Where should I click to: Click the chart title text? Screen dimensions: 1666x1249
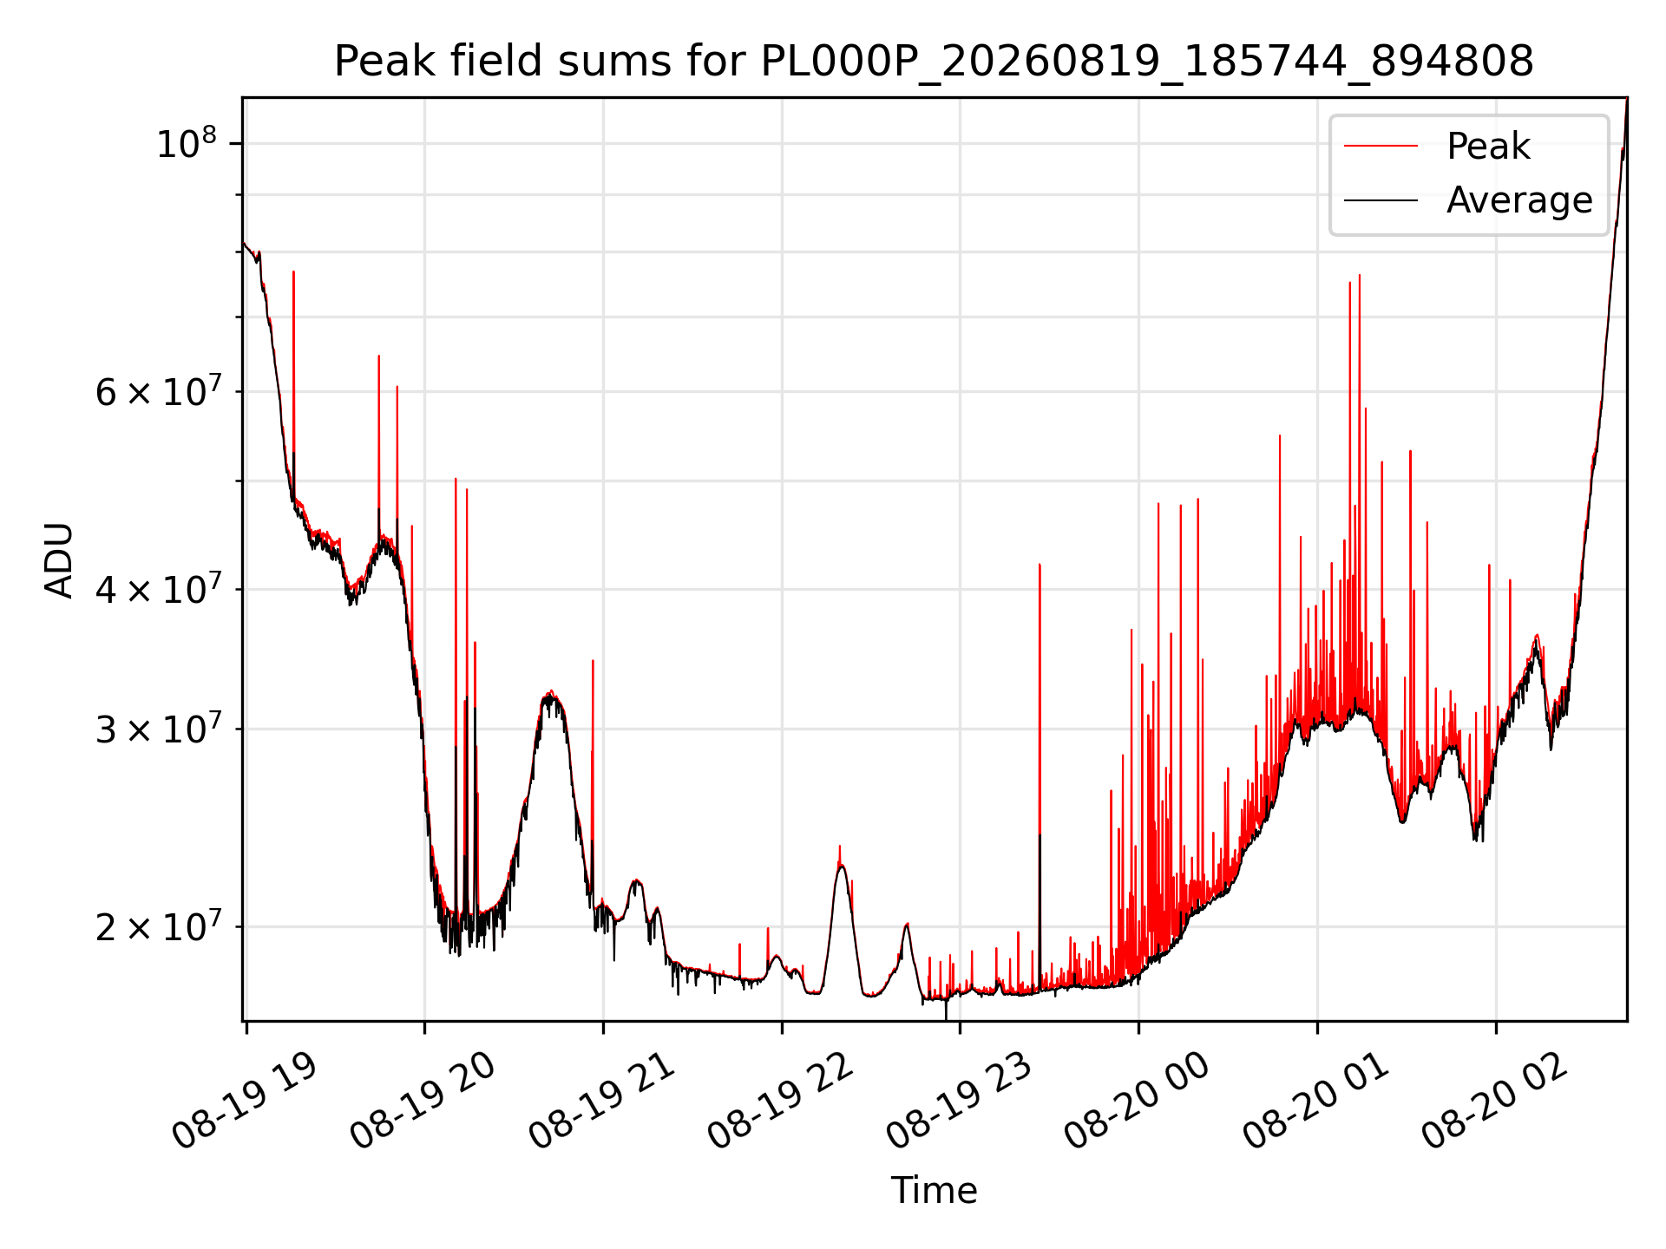[934, 62]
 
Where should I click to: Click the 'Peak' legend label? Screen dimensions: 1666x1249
[1488, 147]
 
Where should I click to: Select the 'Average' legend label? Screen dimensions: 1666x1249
[1519, 200]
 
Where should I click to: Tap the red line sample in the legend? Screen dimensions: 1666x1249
[1381, 147]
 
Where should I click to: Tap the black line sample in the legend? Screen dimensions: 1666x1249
[1381, 200]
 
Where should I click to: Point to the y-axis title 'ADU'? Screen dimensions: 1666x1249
[59, 559]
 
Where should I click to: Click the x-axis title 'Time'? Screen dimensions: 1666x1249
[934, 1191]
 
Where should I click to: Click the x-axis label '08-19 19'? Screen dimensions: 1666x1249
[245, 1101]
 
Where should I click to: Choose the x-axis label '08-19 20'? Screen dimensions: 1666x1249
[423, 1101]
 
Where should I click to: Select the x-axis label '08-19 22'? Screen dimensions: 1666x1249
[780, 1101]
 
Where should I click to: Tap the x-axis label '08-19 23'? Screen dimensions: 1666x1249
[959, 1101]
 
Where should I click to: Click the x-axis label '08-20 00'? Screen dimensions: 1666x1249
[1138, 1101]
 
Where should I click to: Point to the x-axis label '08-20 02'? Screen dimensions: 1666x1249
[1495, 1101]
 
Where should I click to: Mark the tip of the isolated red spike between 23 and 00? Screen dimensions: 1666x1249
[1040, 565]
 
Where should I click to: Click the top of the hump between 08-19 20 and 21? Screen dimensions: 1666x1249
[549, 693]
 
